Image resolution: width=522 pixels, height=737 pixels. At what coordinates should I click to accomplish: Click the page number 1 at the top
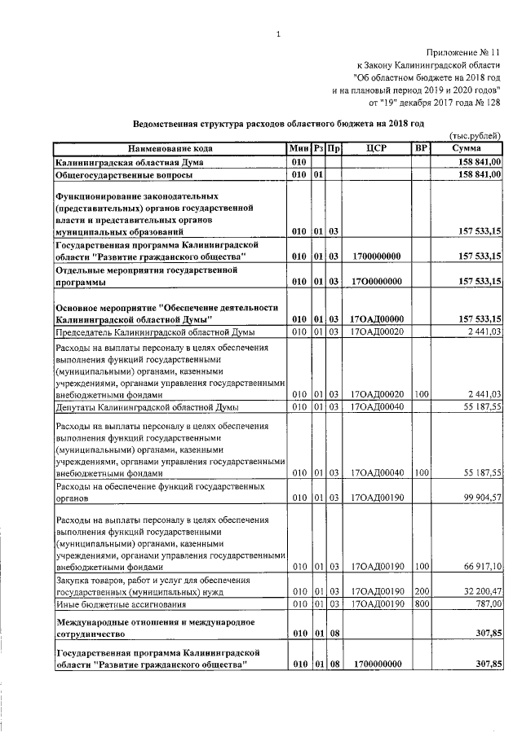pos(278,33)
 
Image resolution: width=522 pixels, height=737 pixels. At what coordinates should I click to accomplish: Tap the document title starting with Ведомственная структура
pos(279,123)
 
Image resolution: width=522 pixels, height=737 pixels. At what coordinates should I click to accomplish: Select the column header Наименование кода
pos(170,148)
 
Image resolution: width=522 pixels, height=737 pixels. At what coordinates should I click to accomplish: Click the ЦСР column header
pos(376,148)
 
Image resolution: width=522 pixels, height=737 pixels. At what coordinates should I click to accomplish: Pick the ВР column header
pos(421,148)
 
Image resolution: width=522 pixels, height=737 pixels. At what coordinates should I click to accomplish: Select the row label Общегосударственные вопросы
pos(124,175)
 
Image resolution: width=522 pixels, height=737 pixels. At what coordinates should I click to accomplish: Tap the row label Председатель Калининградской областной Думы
pos(154,333)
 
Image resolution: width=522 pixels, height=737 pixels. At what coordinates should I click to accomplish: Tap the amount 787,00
pos(487,605)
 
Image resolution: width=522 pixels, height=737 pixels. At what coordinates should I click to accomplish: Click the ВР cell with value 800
pos(421,605)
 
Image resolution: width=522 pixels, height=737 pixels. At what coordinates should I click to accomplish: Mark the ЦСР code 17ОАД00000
pos(376,318)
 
